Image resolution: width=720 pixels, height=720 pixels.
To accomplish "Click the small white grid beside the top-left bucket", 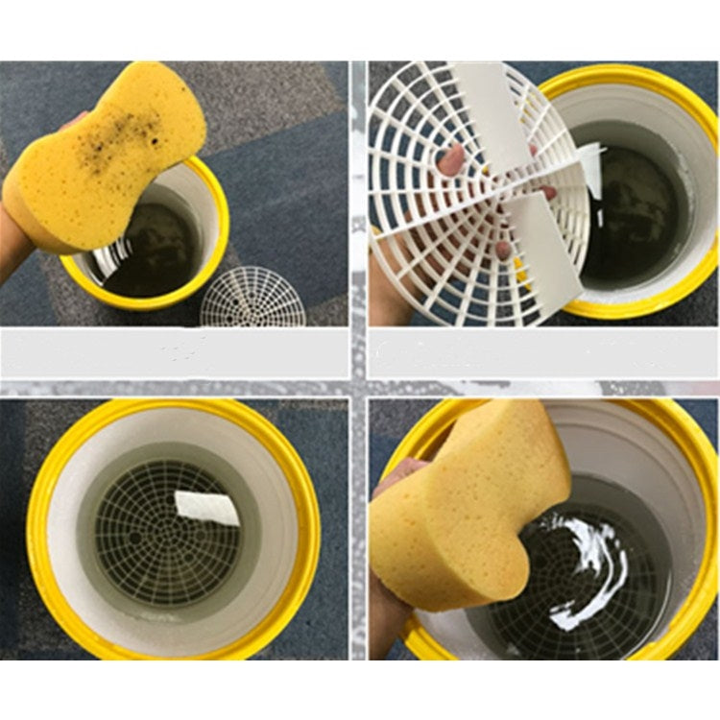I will point(252,298).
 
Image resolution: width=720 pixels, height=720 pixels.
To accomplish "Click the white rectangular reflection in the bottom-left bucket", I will point(207,506).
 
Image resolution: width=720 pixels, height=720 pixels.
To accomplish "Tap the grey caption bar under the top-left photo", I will point(173,351).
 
